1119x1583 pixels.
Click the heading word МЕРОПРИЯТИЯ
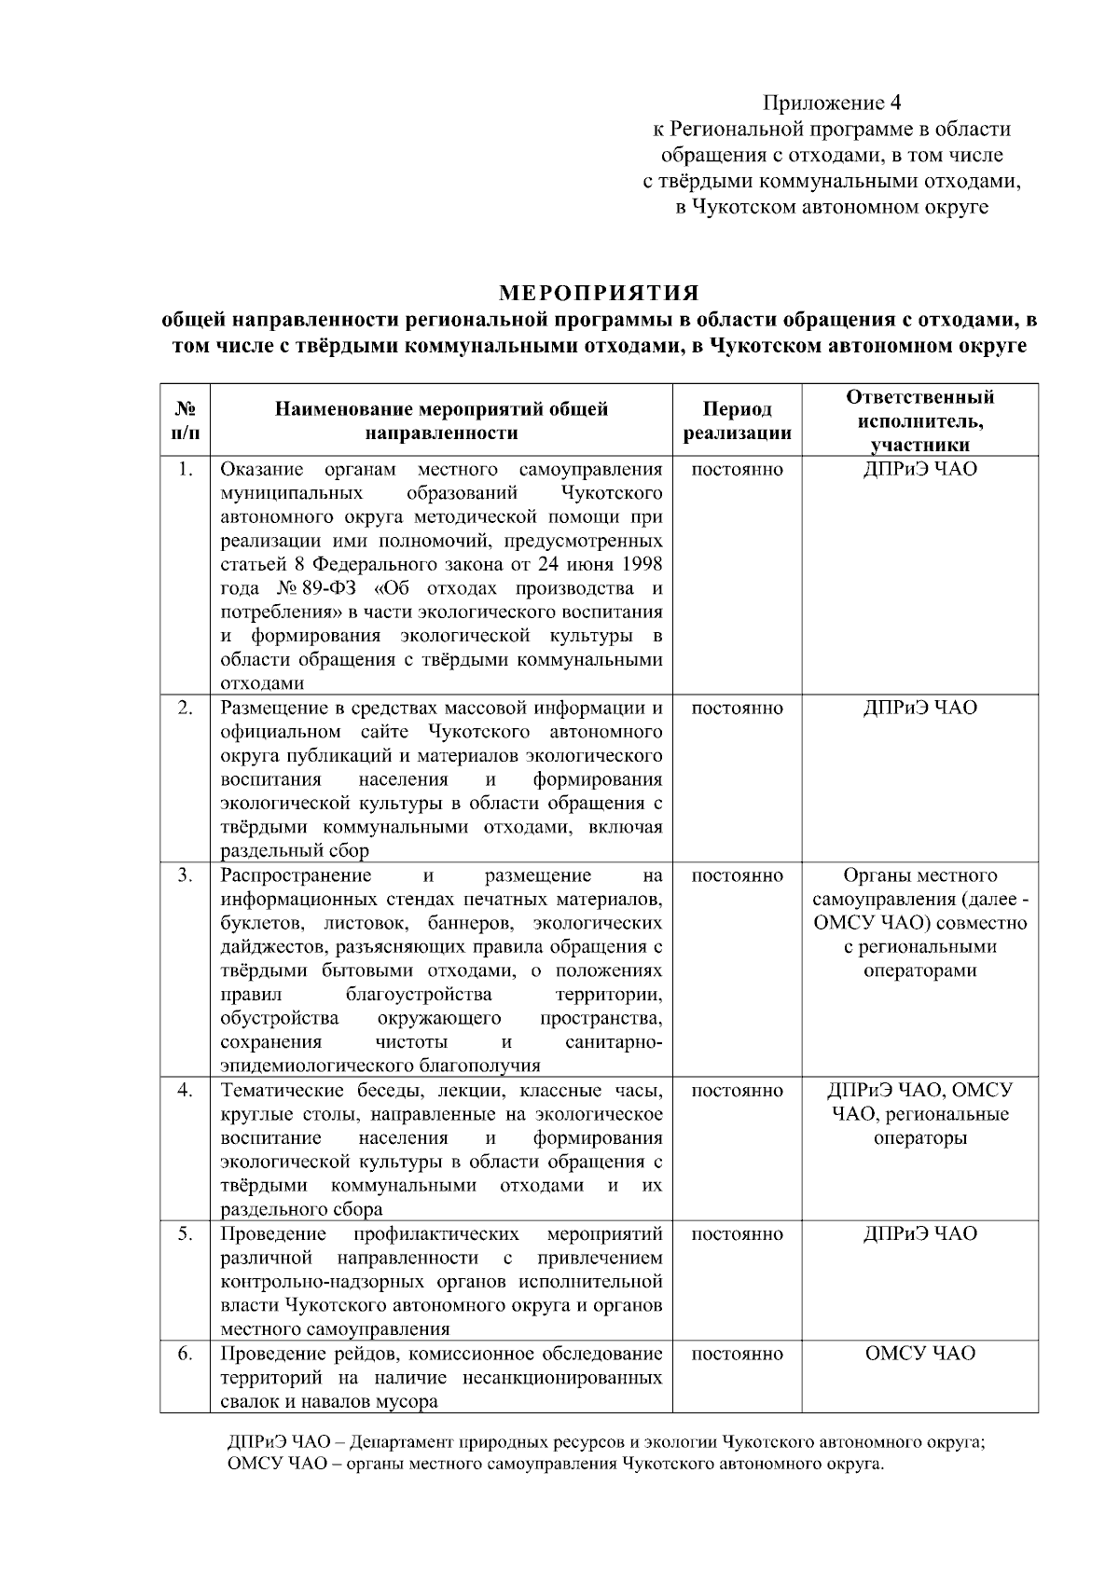600,294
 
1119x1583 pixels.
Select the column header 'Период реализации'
738,421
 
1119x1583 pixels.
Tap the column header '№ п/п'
186,421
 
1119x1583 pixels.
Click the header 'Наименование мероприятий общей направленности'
441,421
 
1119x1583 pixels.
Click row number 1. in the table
186,469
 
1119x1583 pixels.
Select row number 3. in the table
186,875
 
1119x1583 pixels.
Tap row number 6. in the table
186,1354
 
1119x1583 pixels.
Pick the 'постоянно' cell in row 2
738,709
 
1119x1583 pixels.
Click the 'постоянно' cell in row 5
738,1234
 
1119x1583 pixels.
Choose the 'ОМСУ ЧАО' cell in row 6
919,1354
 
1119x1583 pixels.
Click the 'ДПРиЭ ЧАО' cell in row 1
919,469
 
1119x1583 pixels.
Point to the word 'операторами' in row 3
919,971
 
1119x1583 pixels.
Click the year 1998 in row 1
641,565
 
